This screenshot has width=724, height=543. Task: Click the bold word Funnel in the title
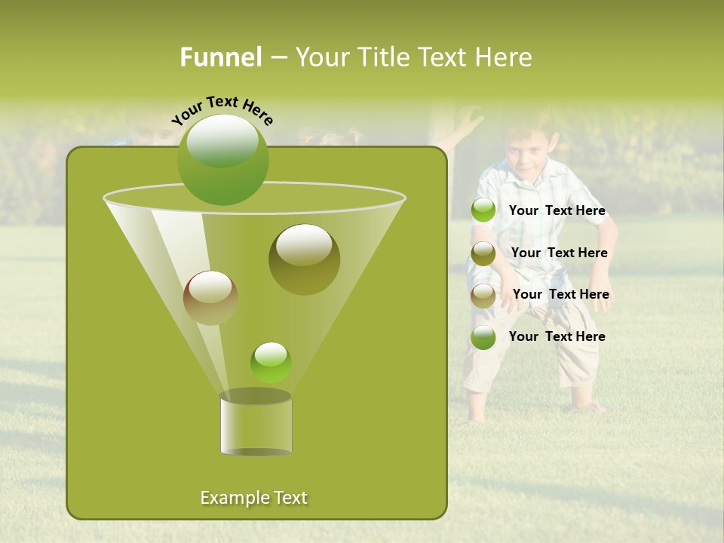click(x=220, y=57)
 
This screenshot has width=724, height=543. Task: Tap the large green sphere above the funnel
click(x=223, y=159)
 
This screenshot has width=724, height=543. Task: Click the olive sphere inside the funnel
click(x=304, y=259)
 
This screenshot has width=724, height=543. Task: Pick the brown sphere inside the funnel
click(x=210, y=298)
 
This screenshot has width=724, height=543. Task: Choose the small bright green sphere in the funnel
click(x=271, y=362)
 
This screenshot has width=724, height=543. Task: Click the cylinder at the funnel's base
click(x=256, y=423)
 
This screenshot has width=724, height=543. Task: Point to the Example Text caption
click(x=253, y=498)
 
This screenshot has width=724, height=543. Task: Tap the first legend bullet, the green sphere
click(x=483, y=210)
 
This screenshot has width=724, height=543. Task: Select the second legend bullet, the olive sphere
click(x=483, y=253)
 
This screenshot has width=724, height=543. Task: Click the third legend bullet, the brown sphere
click(x=483, y=295)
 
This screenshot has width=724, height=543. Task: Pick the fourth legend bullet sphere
click(x=483, y=337)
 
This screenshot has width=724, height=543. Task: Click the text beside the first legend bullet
click(x=557, y=211)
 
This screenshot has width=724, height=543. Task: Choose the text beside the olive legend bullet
click(x=559, y=253)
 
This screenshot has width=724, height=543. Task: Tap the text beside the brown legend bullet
click(x=560, y=295)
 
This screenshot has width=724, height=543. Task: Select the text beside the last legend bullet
click(x=557, y=337)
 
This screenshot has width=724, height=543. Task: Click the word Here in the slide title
click(x=504, y=57)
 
